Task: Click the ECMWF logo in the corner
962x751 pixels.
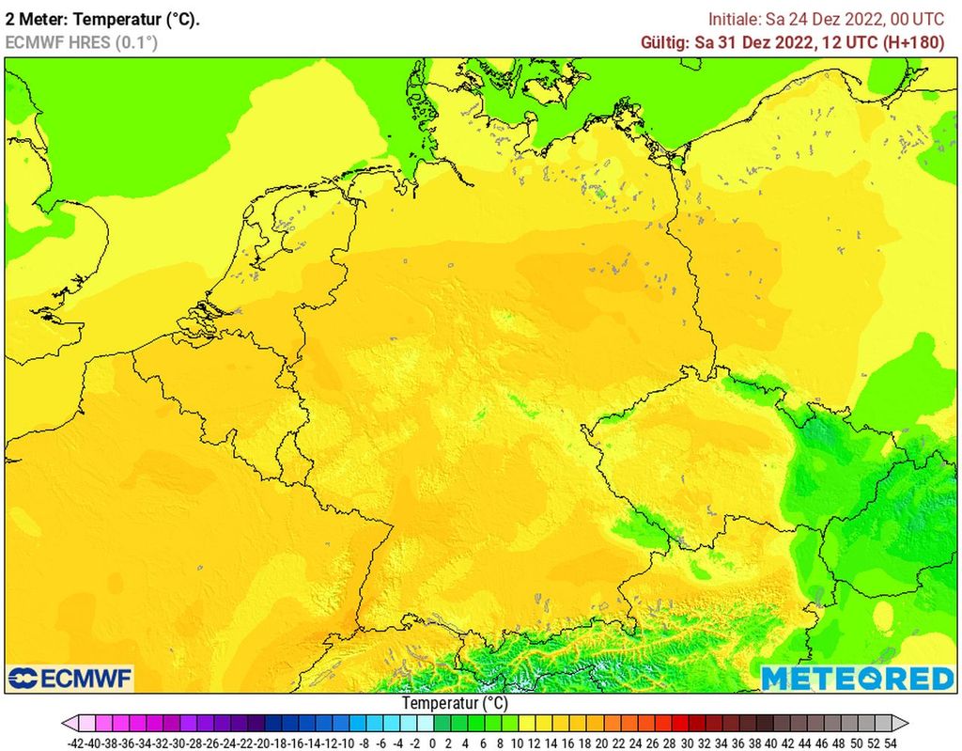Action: point(70,678)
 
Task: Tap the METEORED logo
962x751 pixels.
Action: point(857,678)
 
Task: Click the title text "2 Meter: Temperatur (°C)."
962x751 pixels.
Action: point(103,19)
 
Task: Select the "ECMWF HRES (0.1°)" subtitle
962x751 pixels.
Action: point(82,42)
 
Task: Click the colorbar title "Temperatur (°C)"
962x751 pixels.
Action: point(455,703)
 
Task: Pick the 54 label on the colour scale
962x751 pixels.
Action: point(890,742)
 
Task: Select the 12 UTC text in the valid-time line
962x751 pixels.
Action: point(845,42)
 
